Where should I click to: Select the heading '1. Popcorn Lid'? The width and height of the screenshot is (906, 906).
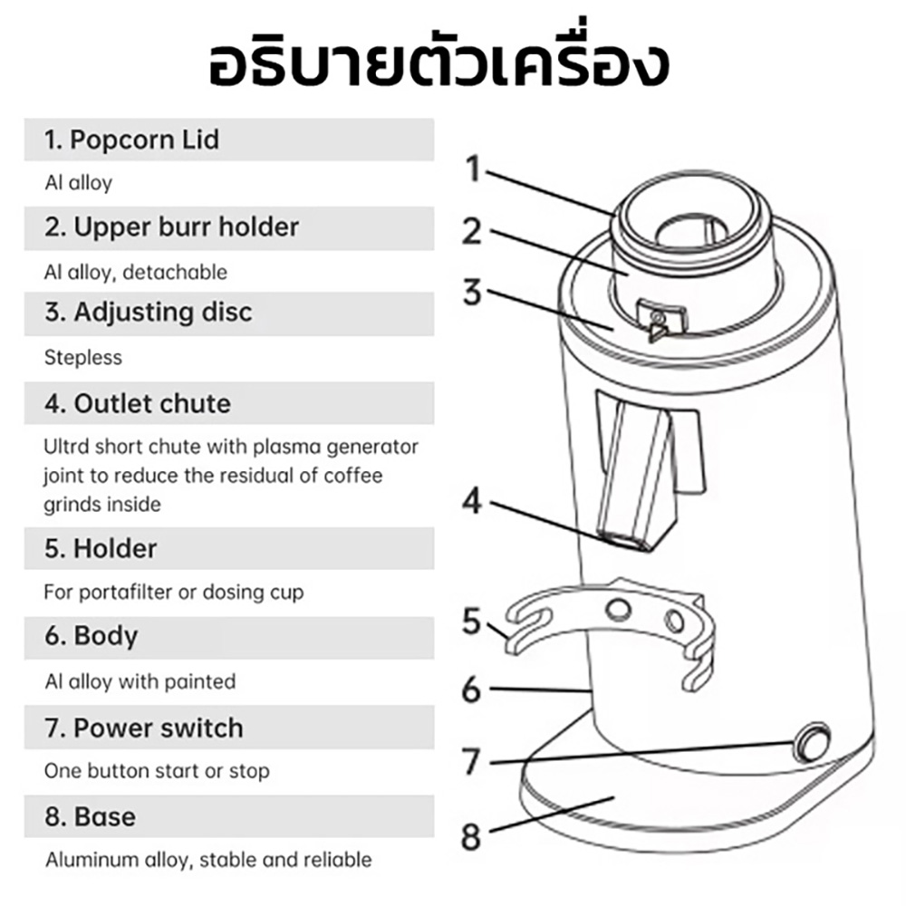tap(132, 140)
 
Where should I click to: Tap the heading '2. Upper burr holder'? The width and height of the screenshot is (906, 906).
tap(172, 226)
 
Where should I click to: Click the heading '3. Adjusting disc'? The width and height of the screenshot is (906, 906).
tap(149, 313)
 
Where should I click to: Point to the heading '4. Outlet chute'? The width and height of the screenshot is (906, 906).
tap(138, 403)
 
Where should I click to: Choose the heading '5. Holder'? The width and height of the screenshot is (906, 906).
tap(101, 548)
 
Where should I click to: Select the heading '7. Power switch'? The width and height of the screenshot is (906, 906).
tap(144, 728)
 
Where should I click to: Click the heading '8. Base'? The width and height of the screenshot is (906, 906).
tap(91, 816)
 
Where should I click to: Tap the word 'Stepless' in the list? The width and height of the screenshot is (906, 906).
tap(82, 357)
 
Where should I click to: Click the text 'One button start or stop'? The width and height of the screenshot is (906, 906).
tap(157, 771)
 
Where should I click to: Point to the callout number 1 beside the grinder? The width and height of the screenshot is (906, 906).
tap(474, 169)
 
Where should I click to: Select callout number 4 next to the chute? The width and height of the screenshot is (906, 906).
tap(472, 500)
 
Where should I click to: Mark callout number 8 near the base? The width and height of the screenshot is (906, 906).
tap(470, 835)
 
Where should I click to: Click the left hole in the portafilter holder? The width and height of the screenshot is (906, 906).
tap(618, 609)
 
